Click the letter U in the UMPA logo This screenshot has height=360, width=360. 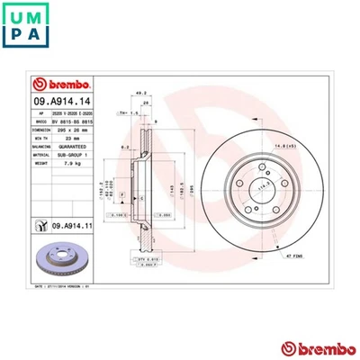(x=16, y=15)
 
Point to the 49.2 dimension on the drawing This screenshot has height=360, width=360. (x=139, y=93)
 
